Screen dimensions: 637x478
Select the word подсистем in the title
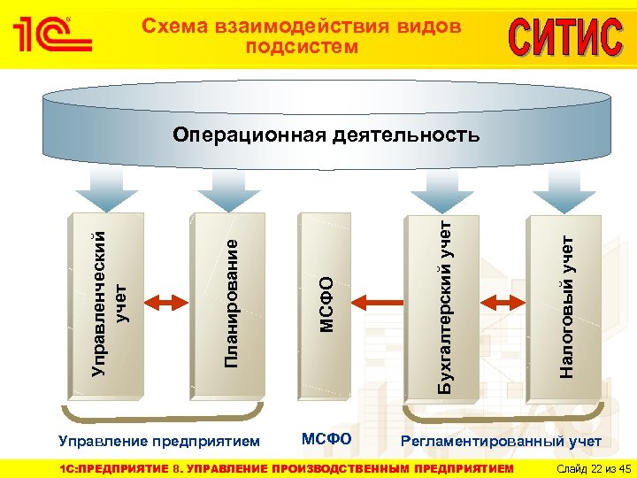[302, 46]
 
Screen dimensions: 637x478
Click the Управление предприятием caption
[159, 440]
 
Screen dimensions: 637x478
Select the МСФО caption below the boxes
[326, 439]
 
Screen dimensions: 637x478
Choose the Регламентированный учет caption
[502, 441]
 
